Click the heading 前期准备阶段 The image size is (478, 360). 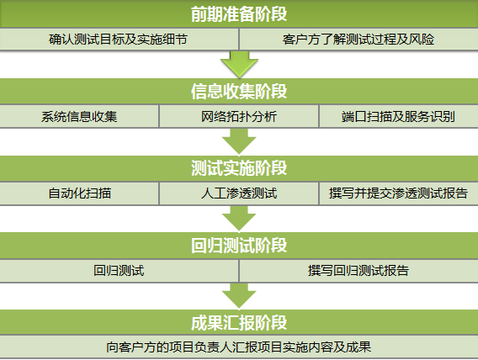pyautogui.click(x=239, y=13)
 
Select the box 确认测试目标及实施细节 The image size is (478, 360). pyautogui.click(x=119, y=40)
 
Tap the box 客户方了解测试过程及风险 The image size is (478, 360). pyautogui.click(x=358, y=40)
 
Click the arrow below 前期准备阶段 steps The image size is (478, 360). pyautogui.click(x=239, y=64)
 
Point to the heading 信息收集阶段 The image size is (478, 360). pyautogui.click(x=239, y=91)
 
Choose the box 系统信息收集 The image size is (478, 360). pyautogui.click(x=79, y=116)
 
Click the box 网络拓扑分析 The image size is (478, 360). pyautogui.click(x=239, y=116)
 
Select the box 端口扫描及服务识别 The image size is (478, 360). pyautogui.click(x=399, y=116)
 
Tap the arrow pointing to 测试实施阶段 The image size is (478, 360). pyautogui.click(x=239, y=141)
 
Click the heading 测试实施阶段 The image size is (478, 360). pyautogui.click(x=239, y=168)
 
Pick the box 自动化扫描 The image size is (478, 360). pyautogui.click(x=79, y=193)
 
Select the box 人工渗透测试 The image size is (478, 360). pyautogui.click(x=239, y=193)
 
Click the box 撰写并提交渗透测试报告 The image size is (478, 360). pyautogui.click(x=399, y=193)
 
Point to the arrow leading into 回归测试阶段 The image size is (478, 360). pyautogui.click(x=239, y=219)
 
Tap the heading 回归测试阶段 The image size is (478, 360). pyautogui.click(x=239, y=245)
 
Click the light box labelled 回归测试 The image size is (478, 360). pyautogui.click(x=119, y=271)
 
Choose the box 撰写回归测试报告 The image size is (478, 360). pyautogui.click(x=358, y=271)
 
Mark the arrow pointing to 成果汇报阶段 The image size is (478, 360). pyautogui.click(x=239, y=296)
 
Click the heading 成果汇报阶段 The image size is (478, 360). pyautogui.click(x=239, y=322)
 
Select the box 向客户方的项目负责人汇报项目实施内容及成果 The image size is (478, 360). pyautogui.click(x=239, y=347)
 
